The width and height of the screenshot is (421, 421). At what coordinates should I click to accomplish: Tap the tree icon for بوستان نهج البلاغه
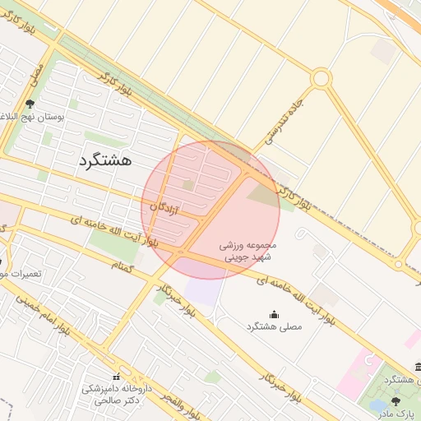click(30, 104)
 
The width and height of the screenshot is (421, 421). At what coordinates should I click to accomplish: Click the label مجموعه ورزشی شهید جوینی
click(249, 251)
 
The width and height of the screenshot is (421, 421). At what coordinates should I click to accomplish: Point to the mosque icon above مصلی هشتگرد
click(274, 314)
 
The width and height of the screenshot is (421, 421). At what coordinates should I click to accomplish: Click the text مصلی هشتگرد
click(274, 326)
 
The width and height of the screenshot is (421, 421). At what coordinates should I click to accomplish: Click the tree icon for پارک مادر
click(397, 400)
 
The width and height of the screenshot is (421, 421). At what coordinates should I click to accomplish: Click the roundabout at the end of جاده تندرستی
click(321, 79)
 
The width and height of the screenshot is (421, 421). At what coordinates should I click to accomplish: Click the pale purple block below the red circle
click(203, 289)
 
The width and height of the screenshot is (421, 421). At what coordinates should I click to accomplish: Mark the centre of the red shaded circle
click(210, 210)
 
